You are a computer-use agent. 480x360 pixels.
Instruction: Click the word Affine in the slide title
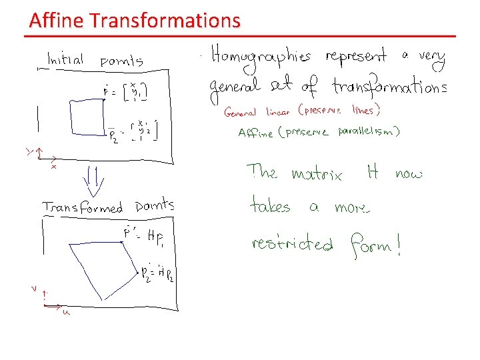click(x=57, y=21)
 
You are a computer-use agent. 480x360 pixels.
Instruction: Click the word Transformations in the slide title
click(x=164, y=21)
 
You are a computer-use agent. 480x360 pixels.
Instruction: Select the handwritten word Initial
click(x=65, y=60)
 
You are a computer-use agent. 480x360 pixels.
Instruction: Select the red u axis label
click(x=66, y=311)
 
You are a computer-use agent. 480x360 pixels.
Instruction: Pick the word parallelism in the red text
click(x=365, y=132)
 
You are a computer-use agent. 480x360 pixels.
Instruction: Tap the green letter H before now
click(x=373, y=173)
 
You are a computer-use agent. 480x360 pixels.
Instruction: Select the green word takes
click(x=270, y=205)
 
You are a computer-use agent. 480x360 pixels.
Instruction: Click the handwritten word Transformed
click(x=83, y=207)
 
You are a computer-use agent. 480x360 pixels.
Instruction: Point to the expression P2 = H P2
click(x=157, y=276)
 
